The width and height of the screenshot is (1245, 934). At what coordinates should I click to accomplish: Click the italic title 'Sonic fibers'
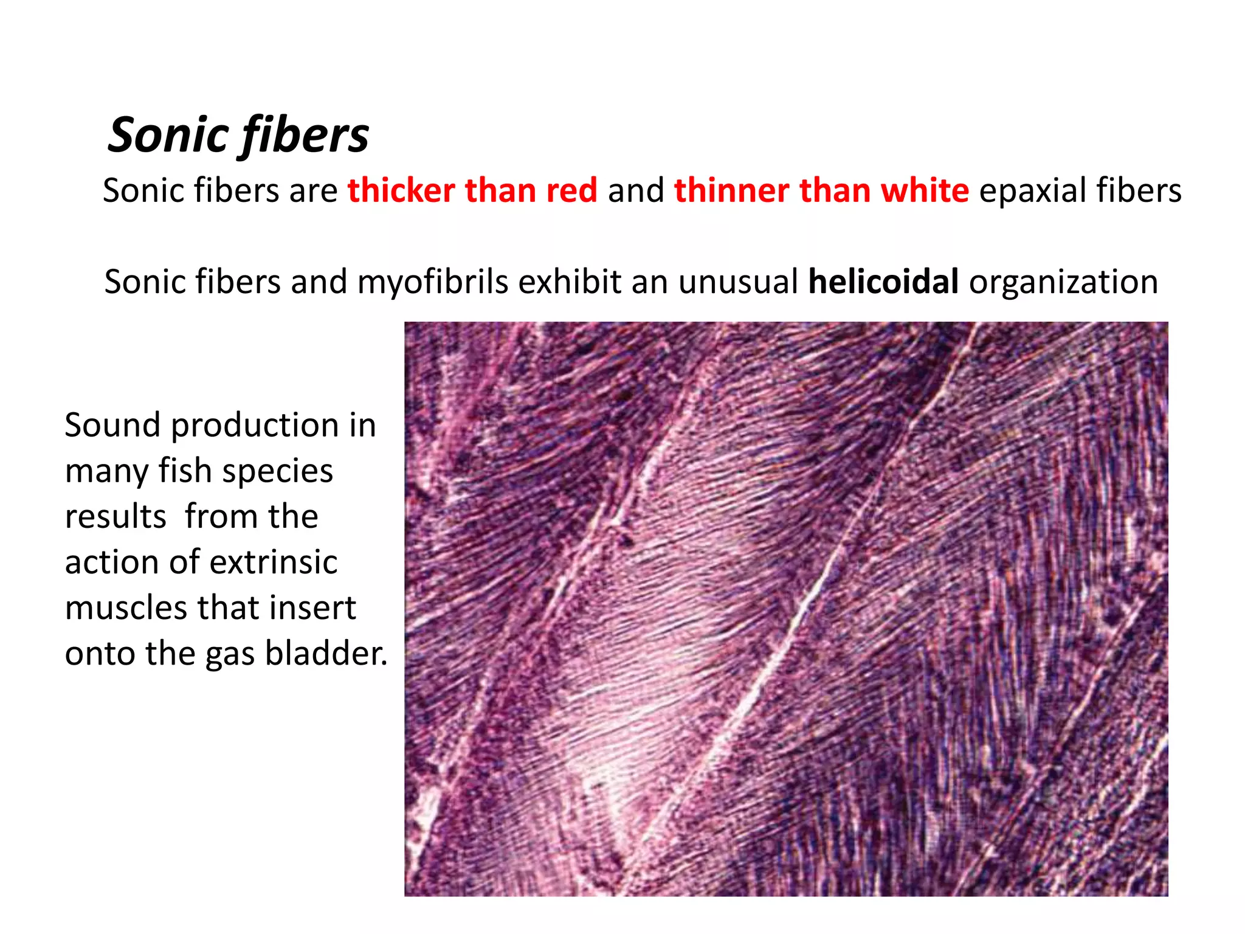(238, 135)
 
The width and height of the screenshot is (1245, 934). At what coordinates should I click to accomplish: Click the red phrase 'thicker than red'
(472, 190)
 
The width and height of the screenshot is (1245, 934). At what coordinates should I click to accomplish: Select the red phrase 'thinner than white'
(821, 190)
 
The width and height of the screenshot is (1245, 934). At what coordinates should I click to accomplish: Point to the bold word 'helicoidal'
(883, 282)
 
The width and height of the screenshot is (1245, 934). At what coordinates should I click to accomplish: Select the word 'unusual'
(738, 282)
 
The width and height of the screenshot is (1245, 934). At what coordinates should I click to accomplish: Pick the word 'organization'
(1063, 282)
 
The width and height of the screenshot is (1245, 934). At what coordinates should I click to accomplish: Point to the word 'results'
(116, 517)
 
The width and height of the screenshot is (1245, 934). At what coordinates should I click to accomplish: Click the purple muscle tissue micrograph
(786, 609)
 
